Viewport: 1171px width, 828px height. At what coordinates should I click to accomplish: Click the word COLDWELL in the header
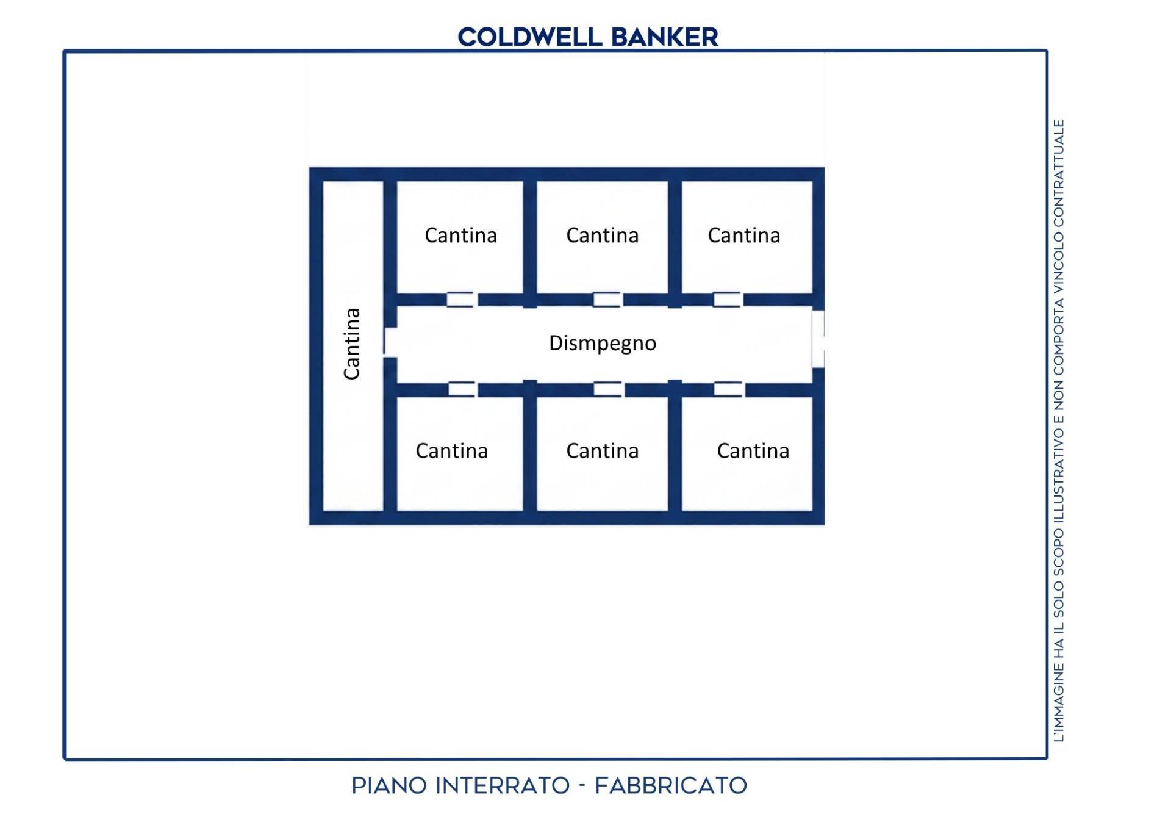530,37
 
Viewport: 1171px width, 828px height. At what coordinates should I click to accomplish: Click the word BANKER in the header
665,37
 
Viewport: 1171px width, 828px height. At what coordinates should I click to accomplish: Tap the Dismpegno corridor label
603,344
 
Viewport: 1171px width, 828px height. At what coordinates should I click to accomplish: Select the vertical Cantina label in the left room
352,344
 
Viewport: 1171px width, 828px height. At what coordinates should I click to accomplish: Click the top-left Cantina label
460,236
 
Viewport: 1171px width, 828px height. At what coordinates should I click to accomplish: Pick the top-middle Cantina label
602,236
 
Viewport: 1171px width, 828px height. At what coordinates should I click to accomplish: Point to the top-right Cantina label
743,236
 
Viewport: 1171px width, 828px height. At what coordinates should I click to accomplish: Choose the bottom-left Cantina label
451,451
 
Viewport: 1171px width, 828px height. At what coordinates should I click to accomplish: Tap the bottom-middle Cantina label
602,451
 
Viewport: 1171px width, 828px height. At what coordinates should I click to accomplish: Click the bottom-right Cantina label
753,451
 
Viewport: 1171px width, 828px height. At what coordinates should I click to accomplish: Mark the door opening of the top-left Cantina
461,299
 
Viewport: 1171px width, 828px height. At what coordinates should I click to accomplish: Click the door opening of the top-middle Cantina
607,299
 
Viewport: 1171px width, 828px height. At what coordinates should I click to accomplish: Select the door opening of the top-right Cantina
728,299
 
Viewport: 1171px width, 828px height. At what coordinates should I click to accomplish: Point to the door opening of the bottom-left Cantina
463,389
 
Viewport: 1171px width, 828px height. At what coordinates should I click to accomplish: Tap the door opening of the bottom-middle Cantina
609,389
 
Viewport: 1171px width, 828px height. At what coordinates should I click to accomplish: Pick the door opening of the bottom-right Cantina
729,389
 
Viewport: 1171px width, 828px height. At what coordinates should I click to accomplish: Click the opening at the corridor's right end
818,339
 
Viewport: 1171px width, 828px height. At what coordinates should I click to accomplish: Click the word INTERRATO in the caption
503,785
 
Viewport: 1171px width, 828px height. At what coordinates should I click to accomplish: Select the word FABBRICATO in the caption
671,785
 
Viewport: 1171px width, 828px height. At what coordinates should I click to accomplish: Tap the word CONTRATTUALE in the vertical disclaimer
1059,175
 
